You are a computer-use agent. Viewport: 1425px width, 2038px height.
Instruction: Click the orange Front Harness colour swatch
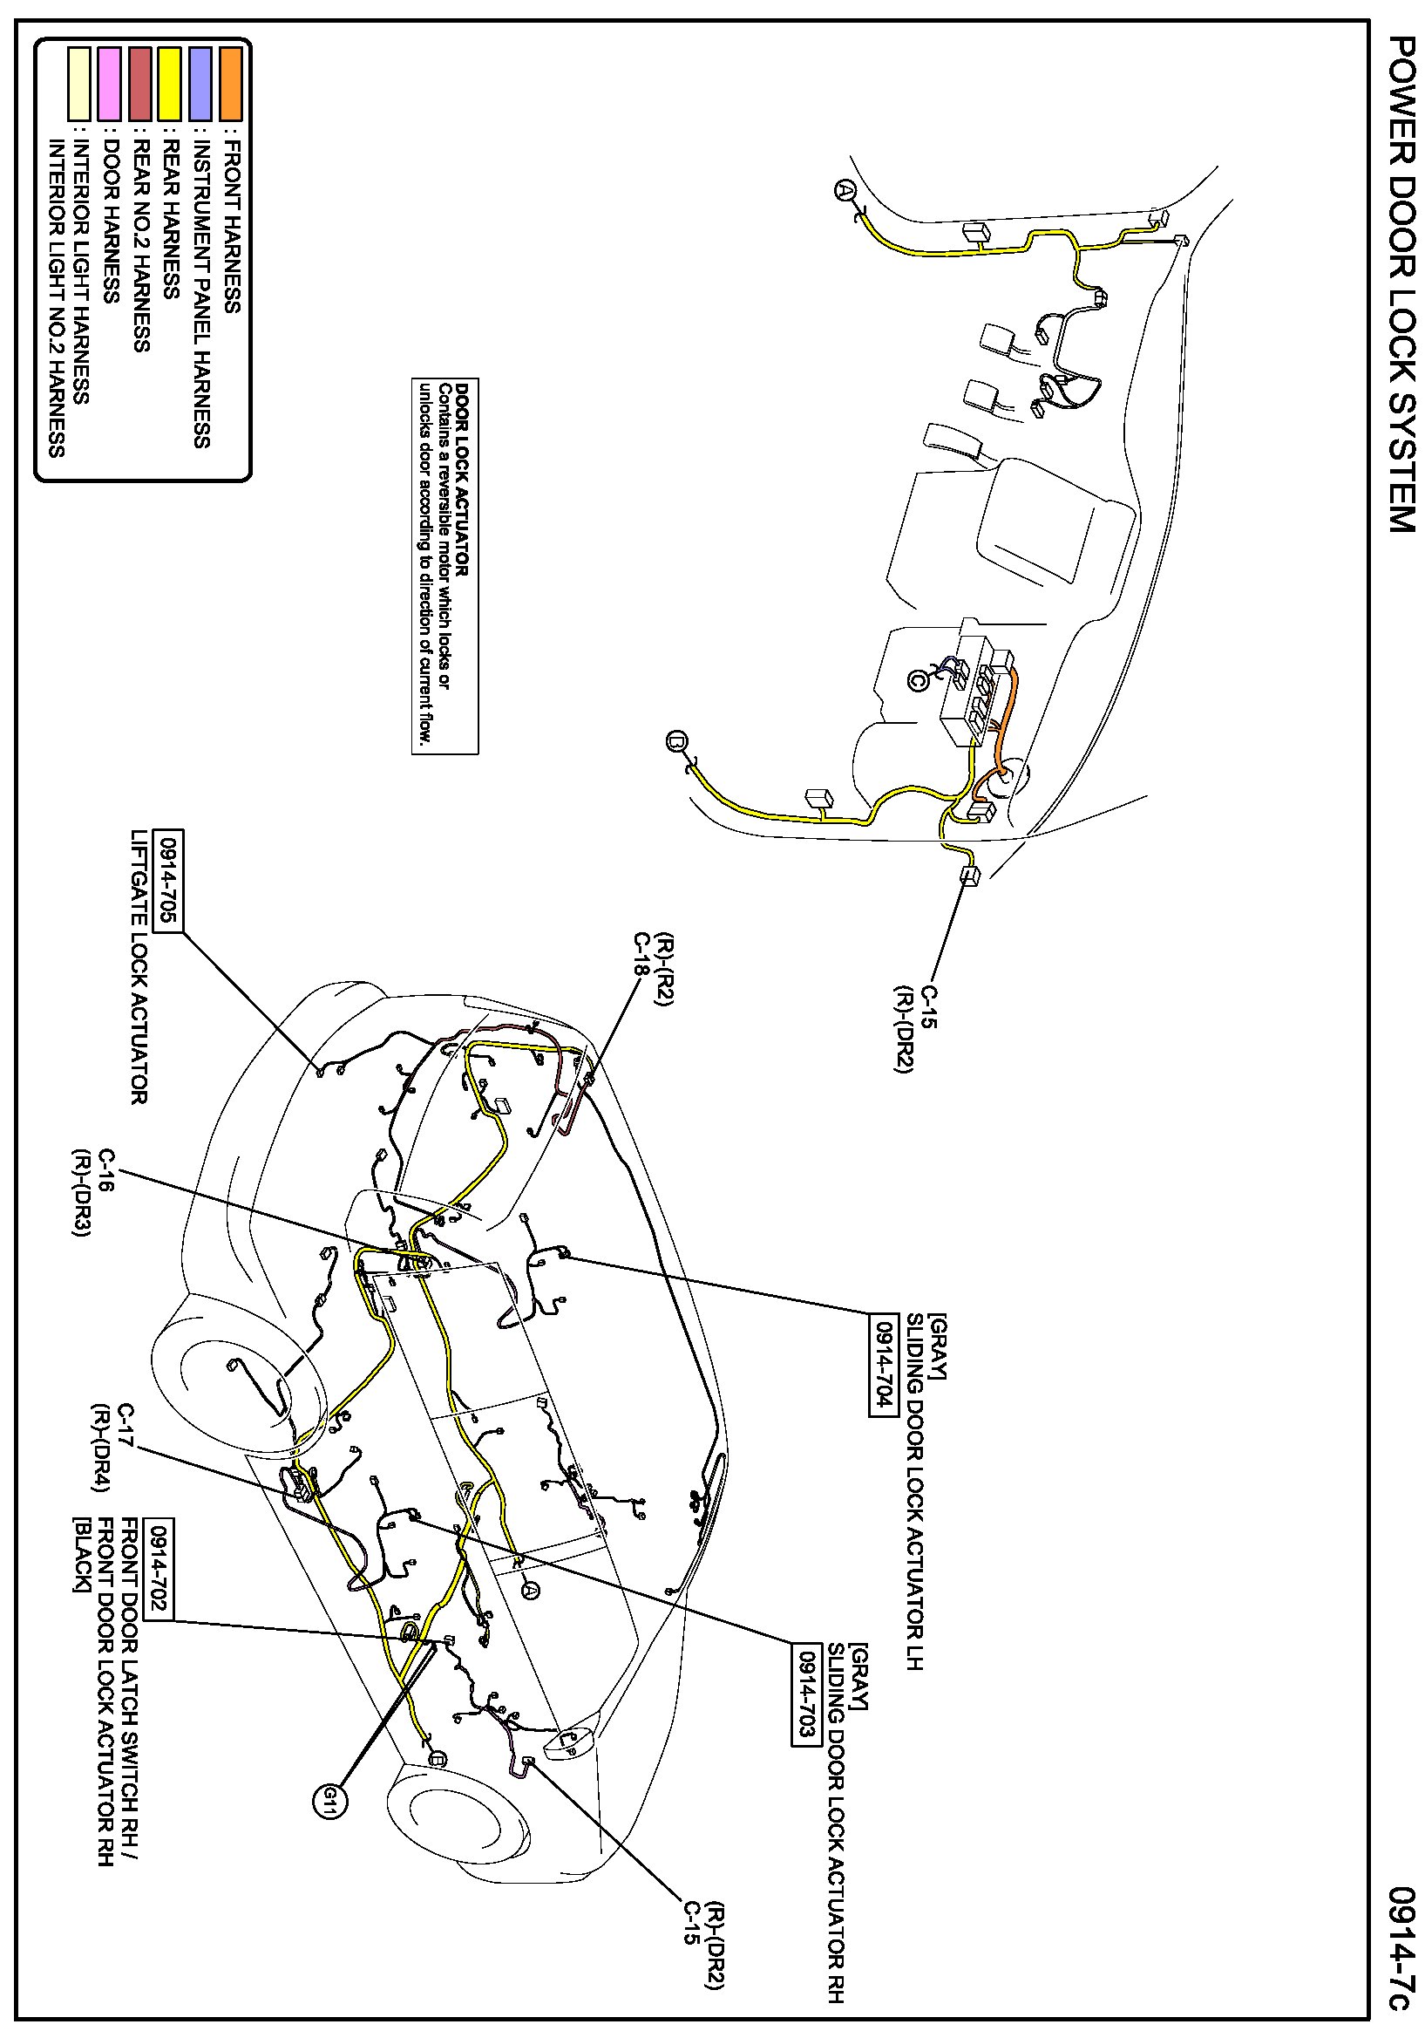[x=231, y=85]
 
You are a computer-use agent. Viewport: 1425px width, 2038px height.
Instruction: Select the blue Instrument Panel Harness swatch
[x=200, y=85]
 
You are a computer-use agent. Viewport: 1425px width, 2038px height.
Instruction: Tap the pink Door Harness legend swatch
[x=110, y=85]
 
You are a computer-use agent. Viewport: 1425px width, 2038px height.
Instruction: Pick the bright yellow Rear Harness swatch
[x=170, y=85]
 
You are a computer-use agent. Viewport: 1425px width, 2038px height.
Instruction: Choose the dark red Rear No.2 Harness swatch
[x=140, y=85]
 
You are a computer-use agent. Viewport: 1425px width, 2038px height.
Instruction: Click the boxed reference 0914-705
[x=167, y=881]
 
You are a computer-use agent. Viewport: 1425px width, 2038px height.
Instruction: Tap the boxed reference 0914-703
[x=805, y=1693]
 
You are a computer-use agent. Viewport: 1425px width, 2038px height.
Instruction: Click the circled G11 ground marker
[x=329, y=1799]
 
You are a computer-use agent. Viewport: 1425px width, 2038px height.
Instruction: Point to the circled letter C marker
[x=918, y=680]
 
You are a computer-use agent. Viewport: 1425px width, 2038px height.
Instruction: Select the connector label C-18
[x=641, y=954]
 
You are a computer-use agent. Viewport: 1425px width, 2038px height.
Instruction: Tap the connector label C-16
[x=106, y=1170]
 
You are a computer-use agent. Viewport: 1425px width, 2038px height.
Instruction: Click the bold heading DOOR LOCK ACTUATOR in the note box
[x=461, y=479]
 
